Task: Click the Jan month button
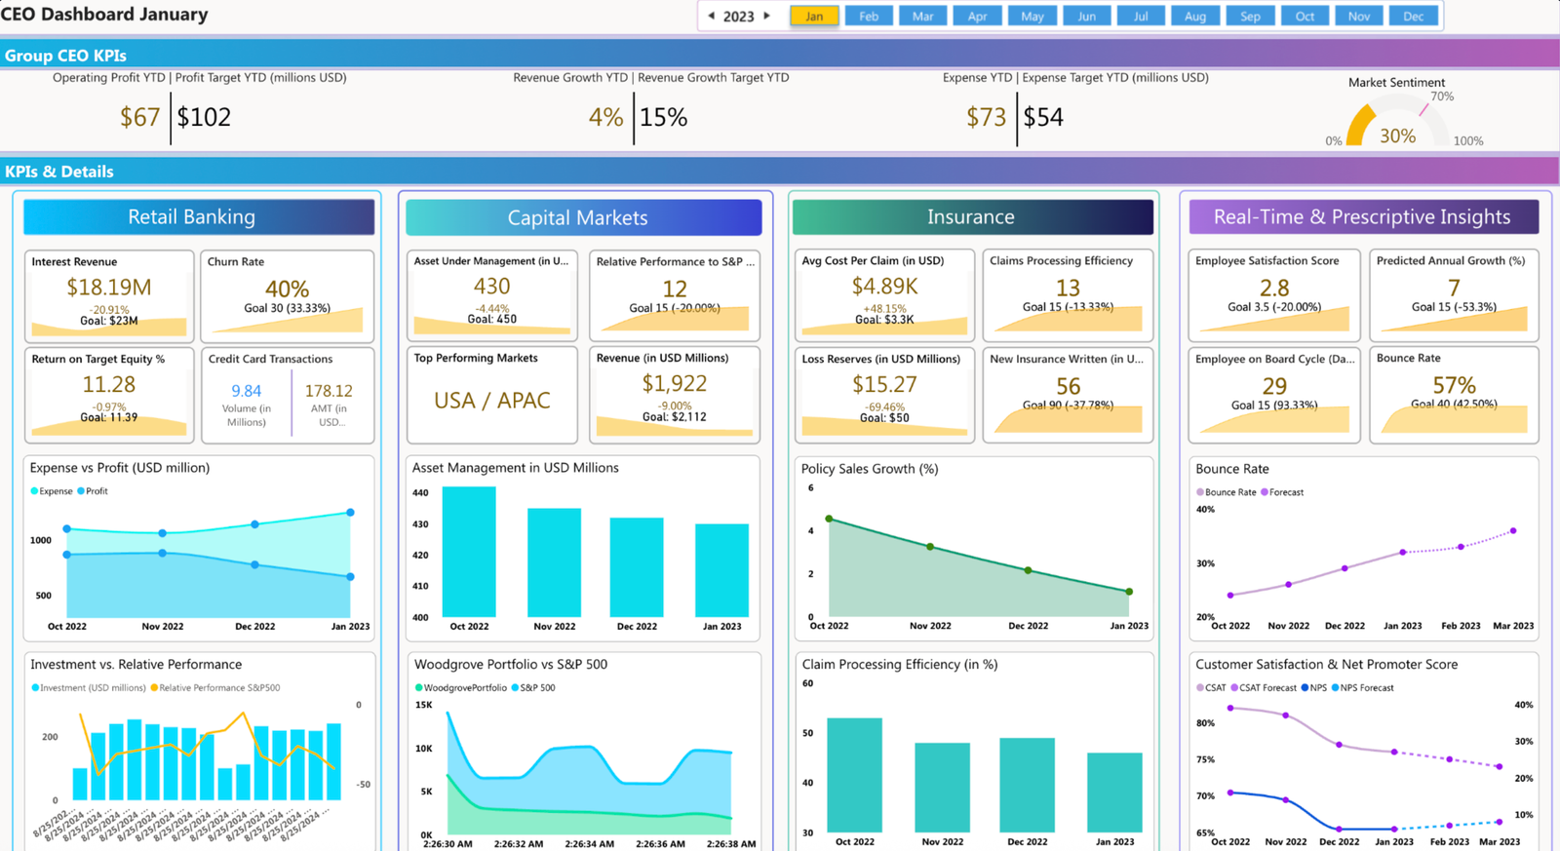(x=814, y=16)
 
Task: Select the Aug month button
(x=1195, y=16)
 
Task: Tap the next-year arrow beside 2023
(x=767, y=16)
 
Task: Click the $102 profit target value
(x=204, y=118)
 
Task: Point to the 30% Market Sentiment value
(x=1397, y=136)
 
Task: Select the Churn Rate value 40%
(x=287, y=289)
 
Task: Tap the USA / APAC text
(x=491, y=401)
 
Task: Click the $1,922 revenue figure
(x=674, y=384)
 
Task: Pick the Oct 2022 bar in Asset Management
(x=469, y=551)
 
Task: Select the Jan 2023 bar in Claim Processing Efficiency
(x=1114, y=792)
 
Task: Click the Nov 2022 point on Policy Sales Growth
(x=930, y=547)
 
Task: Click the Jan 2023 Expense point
(x=350, y=512)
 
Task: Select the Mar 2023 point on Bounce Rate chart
(x=1513, y=531)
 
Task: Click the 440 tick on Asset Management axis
(x=420, y=493)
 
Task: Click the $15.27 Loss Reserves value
(x=884, y=385)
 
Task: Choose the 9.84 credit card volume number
(x=247, y=391)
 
